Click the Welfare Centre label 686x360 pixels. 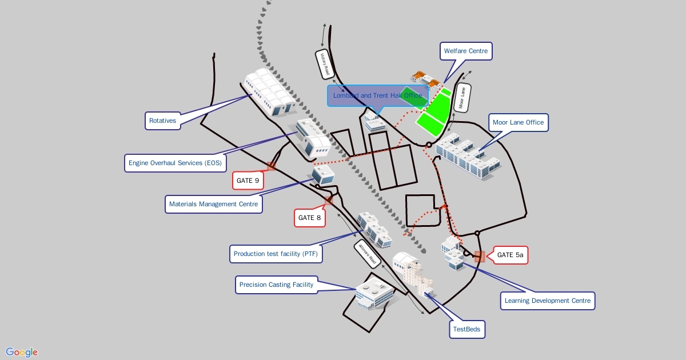click(x=466, y=51)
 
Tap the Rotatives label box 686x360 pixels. click(x=162, y=121)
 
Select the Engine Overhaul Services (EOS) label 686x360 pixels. click(x=175, y=163)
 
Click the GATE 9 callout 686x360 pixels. click(x=248, y=181)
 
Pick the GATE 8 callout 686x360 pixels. click(x=310, y=218)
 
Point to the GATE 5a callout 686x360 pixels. click(x=510, y=255)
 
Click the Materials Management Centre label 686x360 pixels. click(x=213, y=204)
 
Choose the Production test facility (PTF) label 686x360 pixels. click(x=276, y=254)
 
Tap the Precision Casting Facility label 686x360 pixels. click(x=276, y=285)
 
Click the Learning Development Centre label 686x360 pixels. click(x=548, y=301)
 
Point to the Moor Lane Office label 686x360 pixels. click(x=518, y=122)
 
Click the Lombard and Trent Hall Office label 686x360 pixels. click(x=377, y=95)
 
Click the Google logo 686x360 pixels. click(x=22, y=352)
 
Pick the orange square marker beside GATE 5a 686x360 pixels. click(x=480, y=257)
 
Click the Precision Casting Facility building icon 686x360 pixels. click(x=374, y=294)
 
